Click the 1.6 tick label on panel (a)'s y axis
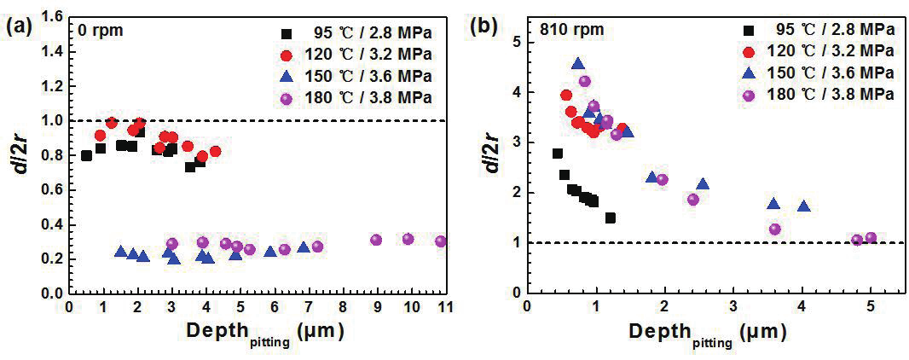(x=51, y=16)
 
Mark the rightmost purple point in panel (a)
(x=440, y=241)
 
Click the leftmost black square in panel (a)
(x=86, y=155)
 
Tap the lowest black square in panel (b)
(x=611, y=218)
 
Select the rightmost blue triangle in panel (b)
(x=803, y=206)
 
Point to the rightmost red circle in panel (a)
(x=216, y=151)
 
